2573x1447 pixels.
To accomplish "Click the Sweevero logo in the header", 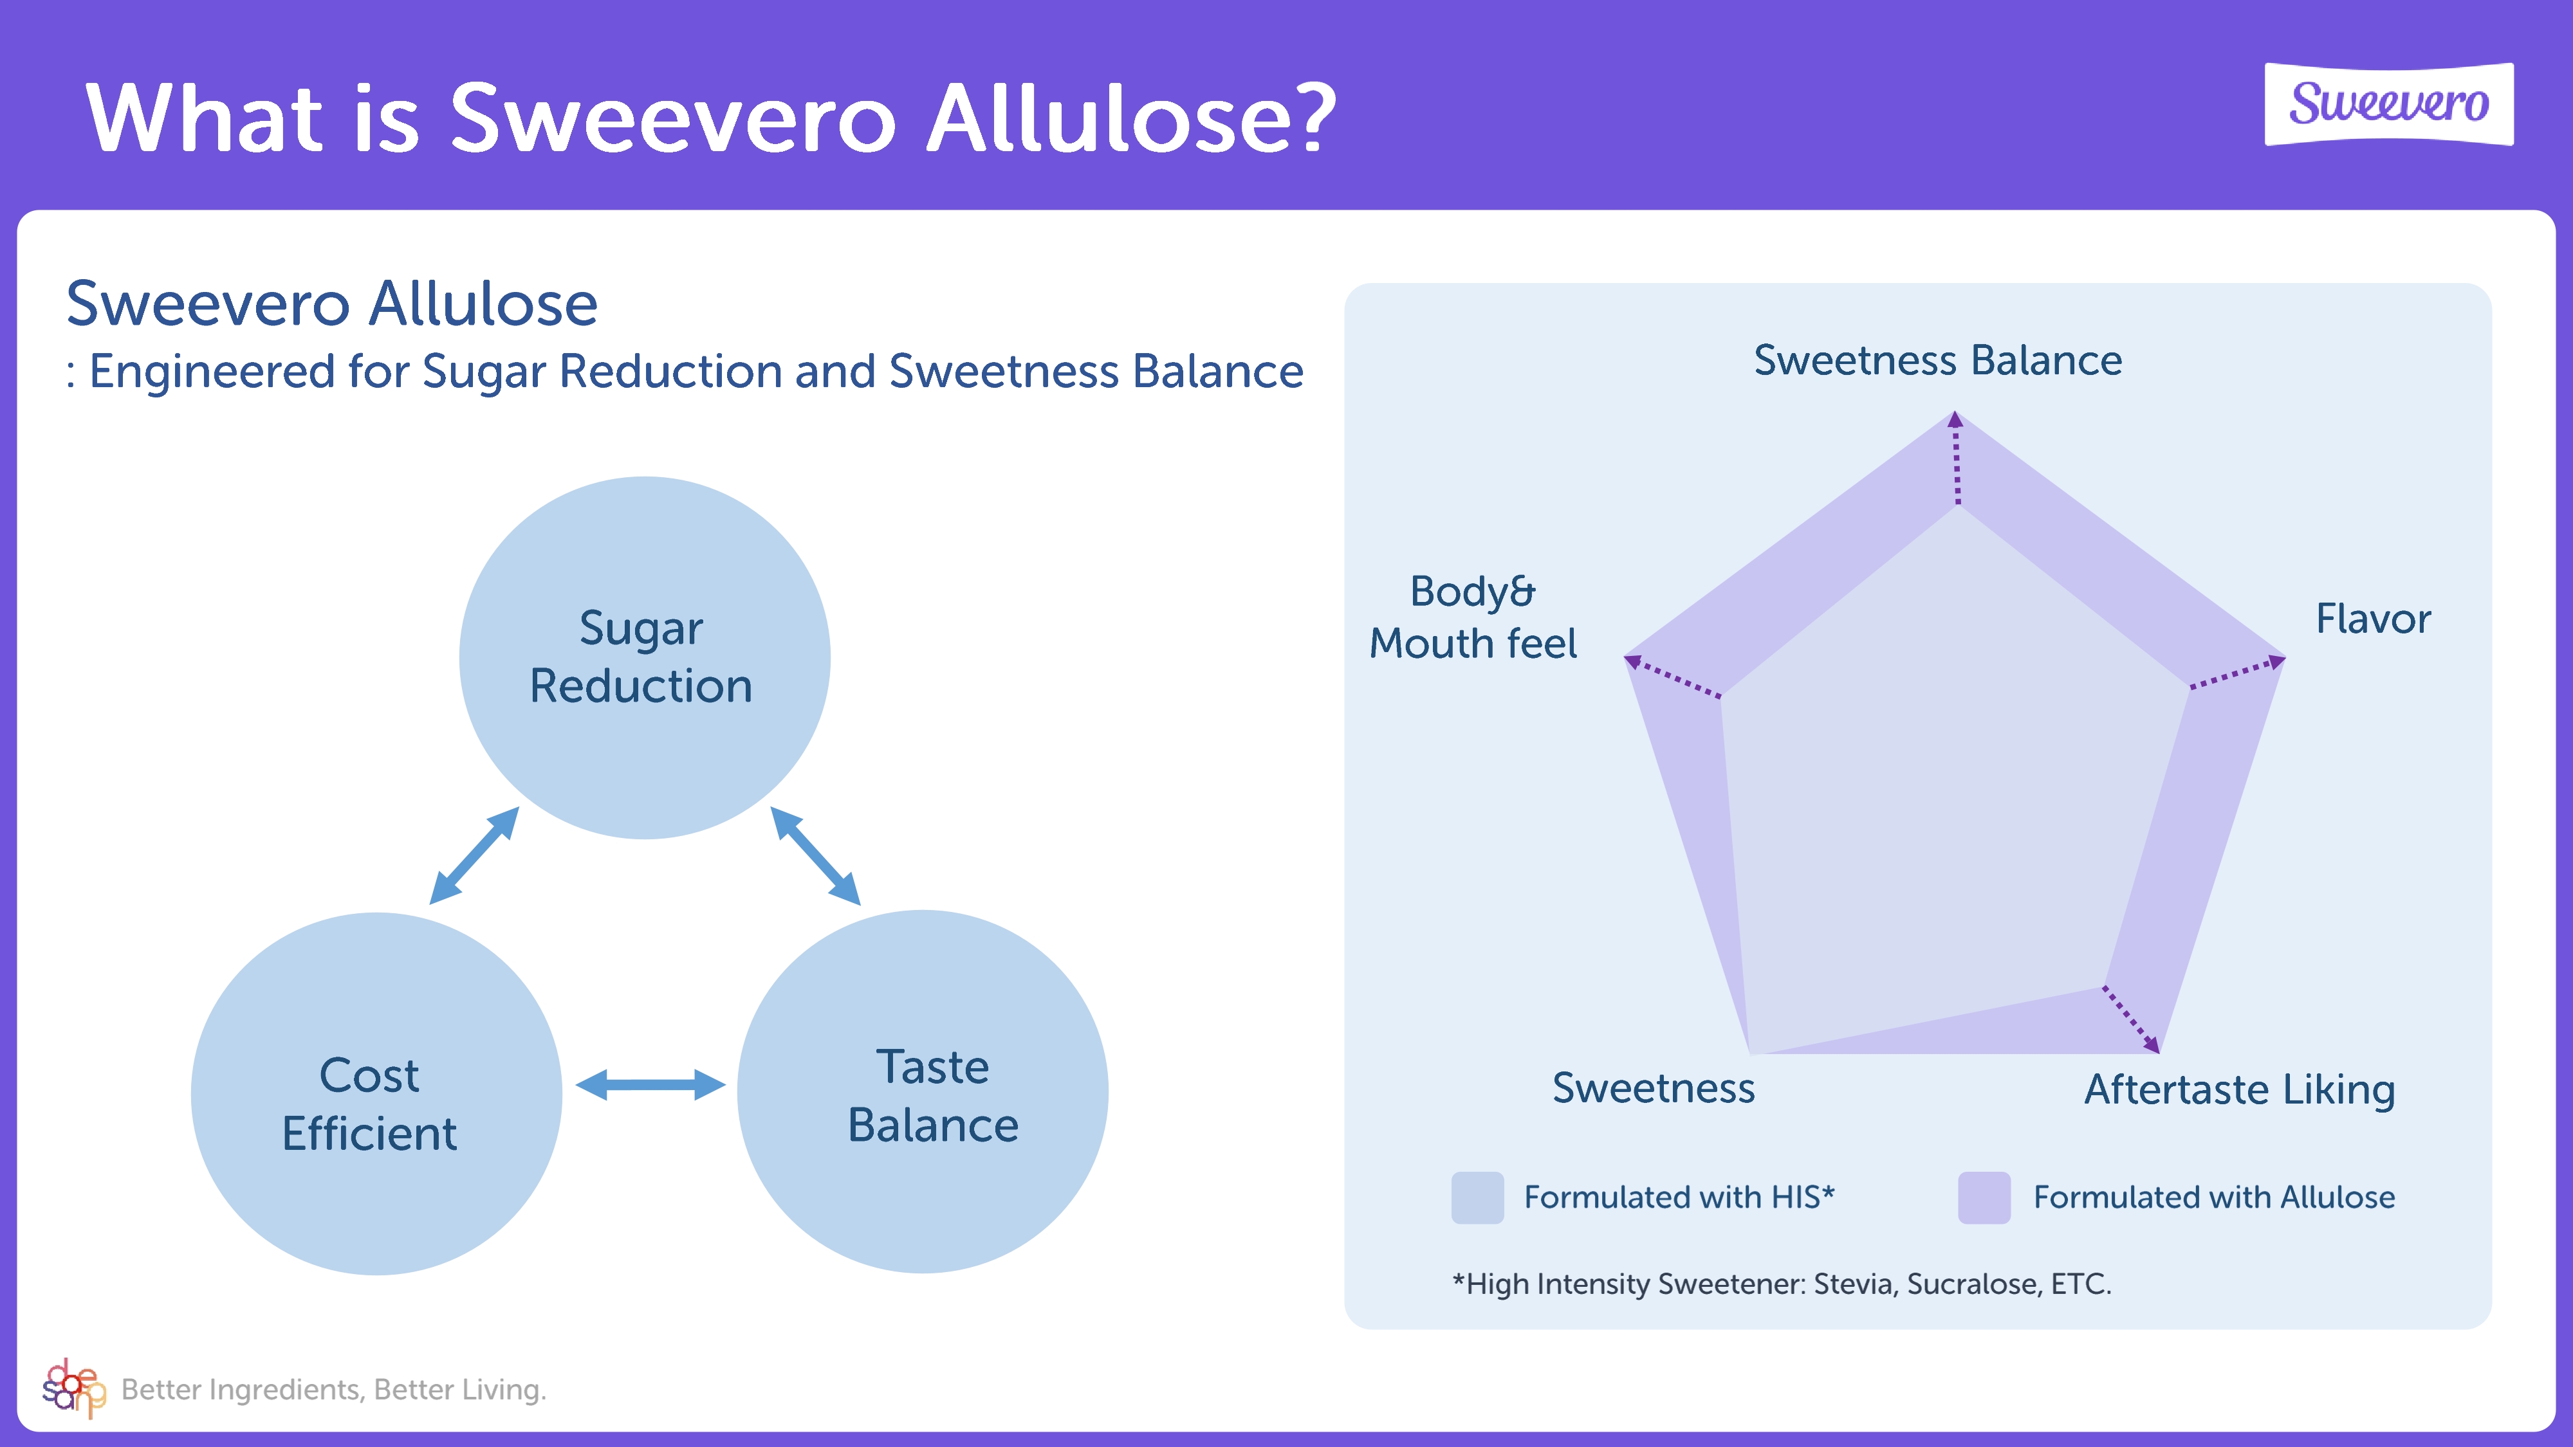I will tap(2388, 104).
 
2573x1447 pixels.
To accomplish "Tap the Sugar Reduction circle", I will tap(644, 657).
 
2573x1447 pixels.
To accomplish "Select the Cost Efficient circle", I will tap(376, 1093).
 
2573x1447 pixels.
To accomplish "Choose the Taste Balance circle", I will tap(923, 1091).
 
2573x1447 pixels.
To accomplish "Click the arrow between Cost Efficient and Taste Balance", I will tap(650, 1084).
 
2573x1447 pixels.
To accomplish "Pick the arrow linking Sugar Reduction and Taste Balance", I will tap(815, 856).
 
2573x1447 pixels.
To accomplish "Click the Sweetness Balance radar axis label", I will tap(1938, 361).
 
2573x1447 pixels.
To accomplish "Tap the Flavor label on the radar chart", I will tap(2374, 619).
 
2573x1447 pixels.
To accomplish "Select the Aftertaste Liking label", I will tap(2239, 1089).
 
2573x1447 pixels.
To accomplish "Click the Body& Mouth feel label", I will tap(1473, 617).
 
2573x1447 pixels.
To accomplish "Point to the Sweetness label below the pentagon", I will tap(1653, 1089).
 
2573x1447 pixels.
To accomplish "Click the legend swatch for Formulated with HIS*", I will tap(1477, 1197).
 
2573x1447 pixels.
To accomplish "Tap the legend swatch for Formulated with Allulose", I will tap(1984, 1197).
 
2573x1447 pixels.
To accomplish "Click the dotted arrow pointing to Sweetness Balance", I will tap(1957, 459).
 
